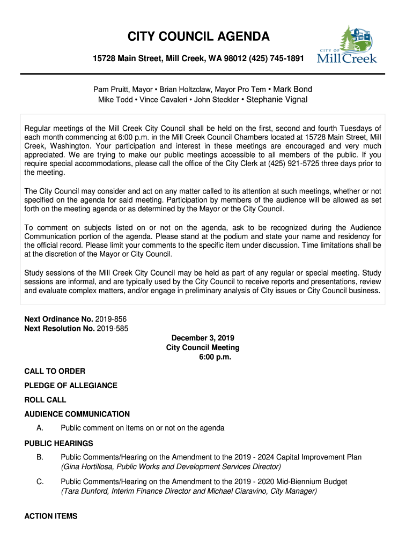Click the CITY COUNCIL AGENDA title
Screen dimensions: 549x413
[198, 37]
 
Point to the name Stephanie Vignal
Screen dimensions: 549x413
[277, 100]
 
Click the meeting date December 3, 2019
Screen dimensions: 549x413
[202, 338]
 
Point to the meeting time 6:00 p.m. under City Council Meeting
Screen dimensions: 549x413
[215, 357]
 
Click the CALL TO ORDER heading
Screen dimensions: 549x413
[55, 371]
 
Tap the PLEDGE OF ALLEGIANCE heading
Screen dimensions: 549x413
[71, 385]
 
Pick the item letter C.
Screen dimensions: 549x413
[40, 482]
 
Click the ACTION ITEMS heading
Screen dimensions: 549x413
[51, 516]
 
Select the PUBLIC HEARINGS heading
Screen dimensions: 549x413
[59, 443]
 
